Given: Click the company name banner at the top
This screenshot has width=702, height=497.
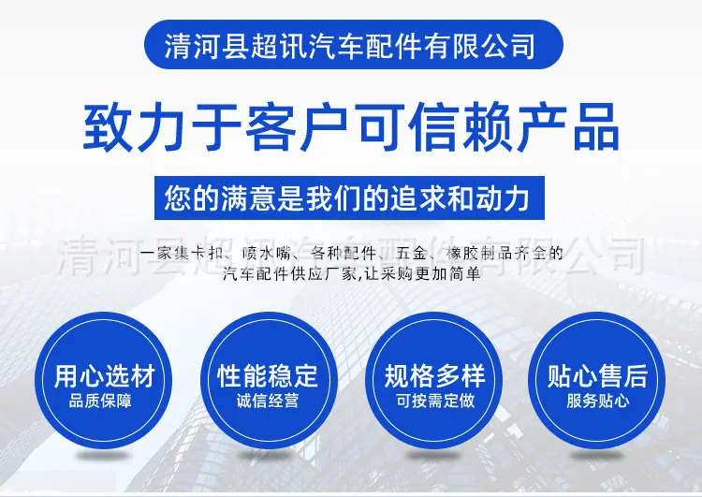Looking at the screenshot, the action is tap(353, 44).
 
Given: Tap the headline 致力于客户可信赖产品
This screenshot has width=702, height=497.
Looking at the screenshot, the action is tap(351, 127).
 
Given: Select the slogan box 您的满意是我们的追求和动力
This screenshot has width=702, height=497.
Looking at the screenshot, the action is tap(349, 197).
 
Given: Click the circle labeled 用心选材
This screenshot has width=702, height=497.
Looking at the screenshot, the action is tap(103, 380).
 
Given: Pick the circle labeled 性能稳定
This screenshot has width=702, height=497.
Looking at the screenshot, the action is tap(269, 380).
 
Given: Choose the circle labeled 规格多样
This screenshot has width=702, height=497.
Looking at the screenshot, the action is tap(434, 380).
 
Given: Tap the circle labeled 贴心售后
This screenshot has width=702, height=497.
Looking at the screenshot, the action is tap(597, 380).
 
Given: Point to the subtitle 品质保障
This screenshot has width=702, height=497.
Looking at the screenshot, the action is tap(100, 401).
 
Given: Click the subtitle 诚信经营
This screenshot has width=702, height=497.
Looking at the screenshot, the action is tap(268, 401).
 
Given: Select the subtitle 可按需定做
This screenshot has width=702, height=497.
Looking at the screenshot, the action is tap(435, 401).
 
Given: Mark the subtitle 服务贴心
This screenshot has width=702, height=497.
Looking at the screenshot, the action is tap(598, 401).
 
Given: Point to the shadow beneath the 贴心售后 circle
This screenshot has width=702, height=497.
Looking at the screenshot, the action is tap(597, 456).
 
